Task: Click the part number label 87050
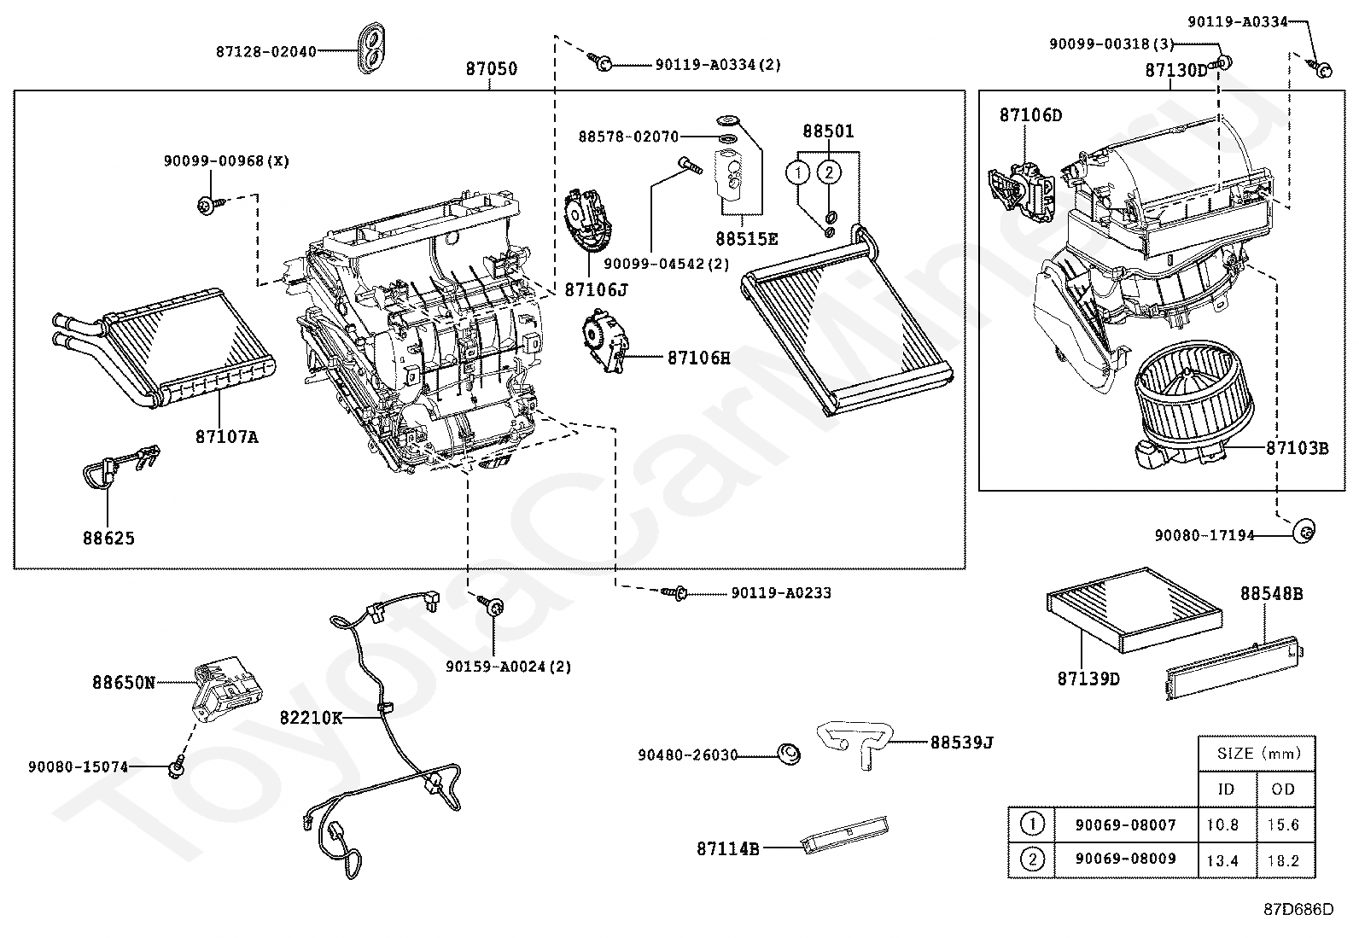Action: pos(492,68)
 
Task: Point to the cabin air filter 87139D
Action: pos(1134,609)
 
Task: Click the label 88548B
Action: pos(1271,593)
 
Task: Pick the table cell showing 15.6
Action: pos(1282,824)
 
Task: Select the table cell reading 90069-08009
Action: pos(1125,859)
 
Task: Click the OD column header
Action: pos(1282,789)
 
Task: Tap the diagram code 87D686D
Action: pos(1298,910)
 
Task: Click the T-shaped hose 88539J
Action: pos(854,744)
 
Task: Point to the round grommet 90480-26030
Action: pos(789,754)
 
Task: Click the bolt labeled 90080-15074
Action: pos(176,767)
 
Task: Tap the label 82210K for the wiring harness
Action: pos(311,719)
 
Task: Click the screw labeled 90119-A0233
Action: pos(674,593)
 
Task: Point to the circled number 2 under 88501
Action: pos(829,173)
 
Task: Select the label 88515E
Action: pos(746,239)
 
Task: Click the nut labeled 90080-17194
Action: pos(1304,532)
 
